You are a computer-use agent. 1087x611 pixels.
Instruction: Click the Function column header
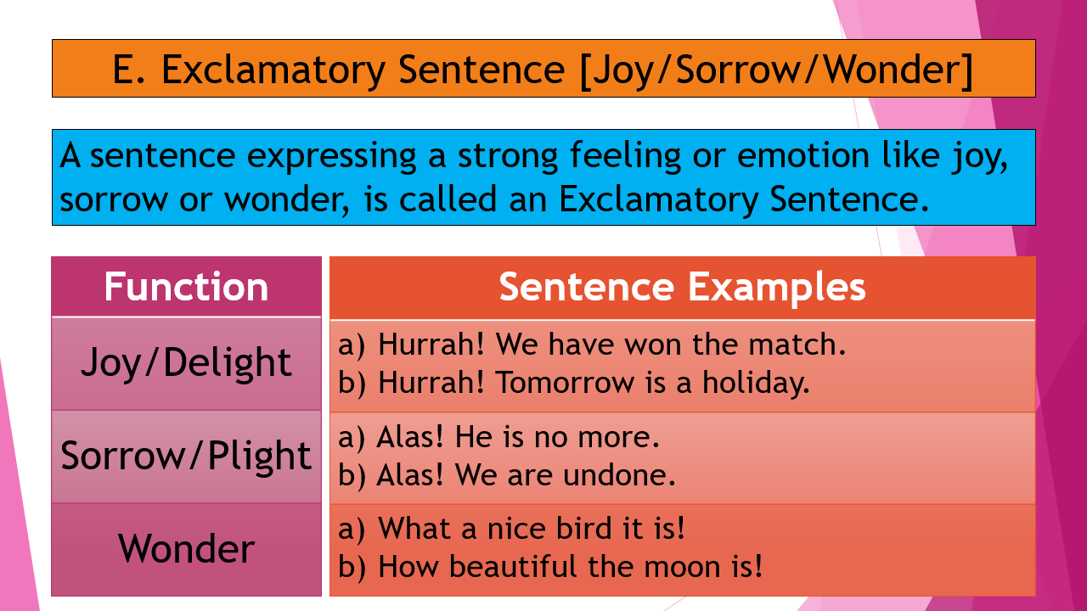186,287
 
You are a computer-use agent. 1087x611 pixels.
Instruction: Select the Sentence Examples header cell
682,287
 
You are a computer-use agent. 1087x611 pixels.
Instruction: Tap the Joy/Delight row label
186,363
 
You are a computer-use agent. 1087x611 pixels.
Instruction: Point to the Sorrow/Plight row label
186,457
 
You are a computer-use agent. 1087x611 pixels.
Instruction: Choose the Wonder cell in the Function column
186,548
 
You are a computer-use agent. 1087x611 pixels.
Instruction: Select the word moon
693,566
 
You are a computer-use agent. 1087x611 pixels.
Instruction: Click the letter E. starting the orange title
129,70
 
